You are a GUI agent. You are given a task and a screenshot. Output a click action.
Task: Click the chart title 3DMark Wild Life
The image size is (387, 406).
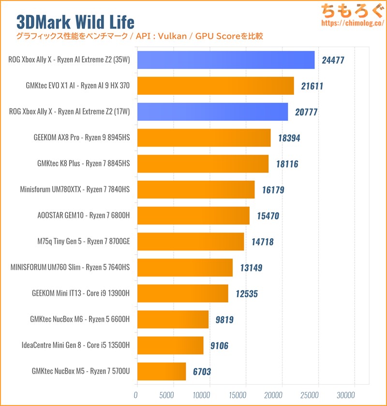point(75,22)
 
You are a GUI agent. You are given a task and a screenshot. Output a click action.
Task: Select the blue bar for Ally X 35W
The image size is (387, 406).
point(226,60)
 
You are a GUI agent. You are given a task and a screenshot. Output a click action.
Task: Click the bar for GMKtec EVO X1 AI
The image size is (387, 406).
point(215,86)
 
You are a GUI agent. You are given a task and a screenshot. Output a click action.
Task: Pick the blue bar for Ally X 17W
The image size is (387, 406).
point(213,112)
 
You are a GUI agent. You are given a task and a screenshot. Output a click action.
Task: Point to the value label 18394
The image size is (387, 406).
point(289,138)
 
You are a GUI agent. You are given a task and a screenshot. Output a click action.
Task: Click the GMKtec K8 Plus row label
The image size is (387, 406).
point(84,164)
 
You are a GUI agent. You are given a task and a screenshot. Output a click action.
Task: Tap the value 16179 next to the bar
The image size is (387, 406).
point(273,190)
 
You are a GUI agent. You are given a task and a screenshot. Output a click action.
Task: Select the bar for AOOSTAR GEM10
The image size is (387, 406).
point(193,216)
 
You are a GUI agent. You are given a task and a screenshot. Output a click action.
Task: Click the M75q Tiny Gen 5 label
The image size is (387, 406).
point(83,241)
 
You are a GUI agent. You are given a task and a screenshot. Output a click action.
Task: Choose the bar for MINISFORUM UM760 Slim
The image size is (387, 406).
point(185,267)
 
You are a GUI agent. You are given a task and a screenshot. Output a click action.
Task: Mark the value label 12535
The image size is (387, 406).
point(247,293)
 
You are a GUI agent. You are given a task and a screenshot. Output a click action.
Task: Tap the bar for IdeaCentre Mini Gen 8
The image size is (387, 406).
point(170,345)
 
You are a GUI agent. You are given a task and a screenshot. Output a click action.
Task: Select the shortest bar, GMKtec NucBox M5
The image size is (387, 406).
point(162,371)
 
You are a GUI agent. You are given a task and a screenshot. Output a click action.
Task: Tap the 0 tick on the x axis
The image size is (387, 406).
point(136,395)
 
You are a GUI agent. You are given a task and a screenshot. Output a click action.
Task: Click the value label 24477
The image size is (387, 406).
point(333,60)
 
